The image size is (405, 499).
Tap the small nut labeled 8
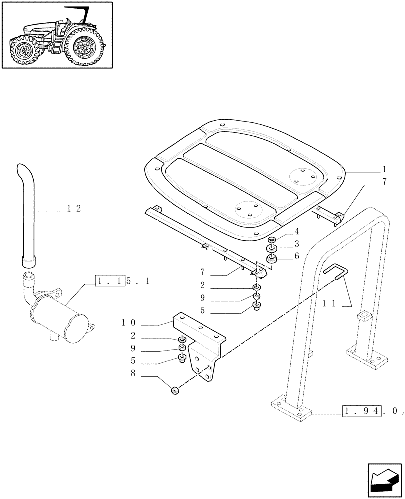(176, 391)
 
